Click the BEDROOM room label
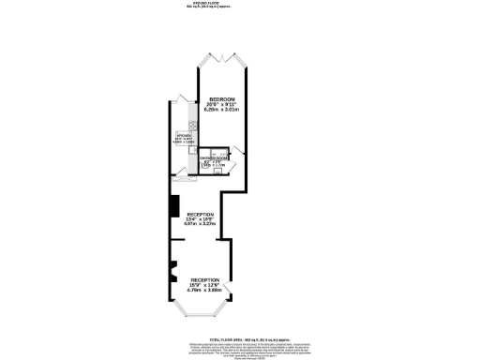click(x=221, y=99)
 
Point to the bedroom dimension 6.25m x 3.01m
click(x=221, y=111)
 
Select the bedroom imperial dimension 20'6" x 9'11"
click(x=221, y=105)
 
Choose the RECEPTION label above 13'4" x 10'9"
click(x=201, y=214)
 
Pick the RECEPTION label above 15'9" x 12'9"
click(x=205, y=280)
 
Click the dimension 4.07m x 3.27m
click(x=201, y=225)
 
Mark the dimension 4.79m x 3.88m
click(x=205, y=292)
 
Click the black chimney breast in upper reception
click(x=173, y=206)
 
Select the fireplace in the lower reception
click(x=172, y=273)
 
